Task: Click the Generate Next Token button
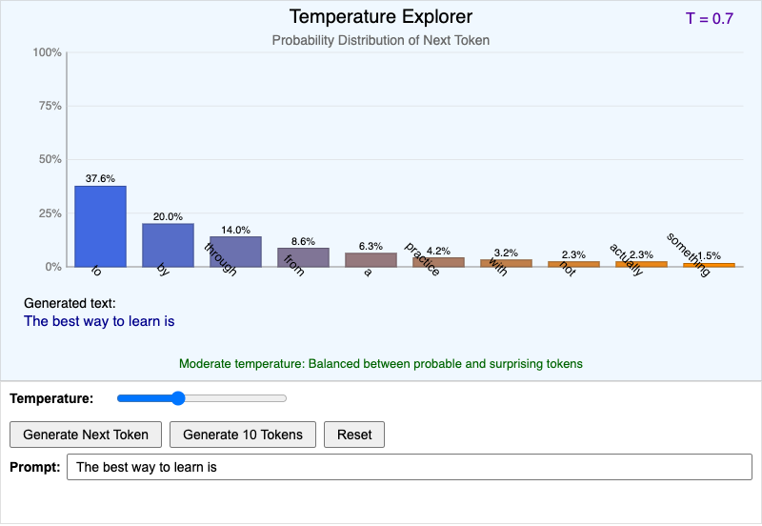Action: coord(86,435)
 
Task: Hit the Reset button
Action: coord(354,435)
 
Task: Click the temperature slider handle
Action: coord(177,398)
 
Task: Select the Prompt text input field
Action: coord(410,468)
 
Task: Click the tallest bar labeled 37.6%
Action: coord(100,226)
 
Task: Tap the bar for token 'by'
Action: coord(168,245)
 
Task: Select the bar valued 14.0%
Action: coord(235,252)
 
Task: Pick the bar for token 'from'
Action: coord(303,257)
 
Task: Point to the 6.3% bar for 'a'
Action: coord(371,259)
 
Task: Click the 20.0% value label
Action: coord(168,216)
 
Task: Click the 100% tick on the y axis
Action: coord(48,52)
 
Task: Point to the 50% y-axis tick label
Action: coord(50,159)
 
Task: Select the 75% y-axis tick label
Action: coord(50,106)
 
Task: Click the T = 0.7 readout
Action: coord(709,18)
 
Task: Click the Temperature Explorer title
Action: coord(381,17)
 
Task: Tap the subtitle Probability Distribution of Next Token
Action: coord(381,40)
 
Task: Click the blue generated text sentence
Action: coord(99,321)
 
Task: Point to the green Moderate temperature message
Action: coord(381,363)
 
